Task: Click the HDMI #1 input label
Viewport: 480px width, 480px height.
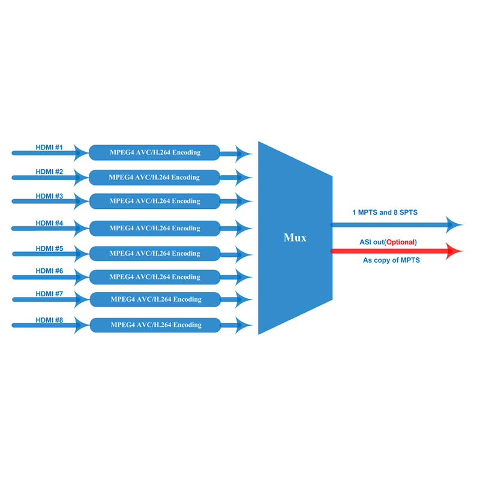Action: coord(49,147)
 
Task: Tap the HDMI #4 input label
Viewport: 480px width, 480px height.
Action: coord(49,223)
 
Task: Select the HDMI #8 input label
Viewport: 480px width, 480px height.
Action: coord(49,320)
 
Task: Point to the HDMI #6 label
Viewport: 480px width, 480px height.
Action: coord(49,271)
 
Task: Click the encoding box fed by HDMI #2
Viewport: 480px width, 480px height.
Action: coord(154,178)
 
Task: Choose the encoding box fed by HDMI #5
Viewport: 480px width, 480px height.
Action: coord(155,253)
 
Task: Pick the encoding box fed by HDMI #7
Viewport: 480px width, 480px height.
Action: coord(155,299)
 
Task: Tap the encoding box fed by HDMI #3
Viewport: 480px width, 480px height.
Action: coord(155,201)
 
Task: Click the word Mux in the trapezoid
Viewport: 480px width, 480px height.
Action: coord(295,238)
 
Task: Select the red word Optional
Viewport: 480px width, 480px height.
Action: coord(400,242)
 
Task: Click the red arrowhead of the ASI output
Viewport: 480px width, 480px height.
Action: coord(454,251)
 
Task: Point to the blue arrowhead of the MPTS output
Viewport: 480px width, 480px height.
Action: coord(454,224)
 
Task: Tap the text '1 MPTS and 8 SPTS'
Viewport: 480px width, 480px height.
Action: coord(385,212)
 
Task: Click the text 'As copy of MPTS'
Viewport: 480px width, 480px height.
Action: coord(391,260)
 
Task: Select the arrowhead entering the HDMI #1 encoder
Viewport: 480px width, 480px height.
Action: coord(81,153)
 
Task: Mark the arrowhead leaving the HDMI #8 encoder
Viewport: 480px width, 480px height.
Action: coord(244,325)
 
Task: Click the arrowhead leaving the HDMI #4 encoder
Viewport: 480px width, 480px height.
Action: coord(244,229)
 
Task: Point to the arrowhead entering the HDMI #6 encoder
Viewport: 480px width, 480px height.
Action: coord(82,277)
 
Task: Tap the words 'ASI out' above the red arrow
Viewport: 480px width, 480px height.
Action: coord(371,242)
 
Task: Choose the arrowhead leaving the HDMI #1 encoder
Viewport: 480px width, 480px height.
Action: coord(244,154)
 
